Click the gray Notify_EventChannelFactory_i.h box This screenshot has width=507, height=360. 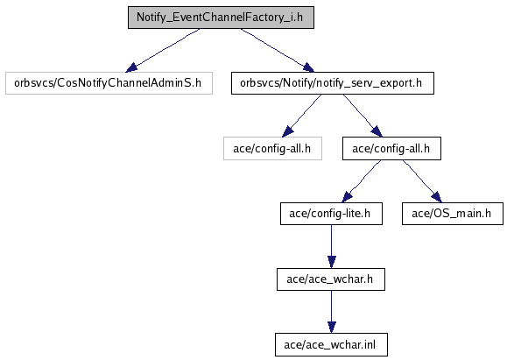pos(221,18)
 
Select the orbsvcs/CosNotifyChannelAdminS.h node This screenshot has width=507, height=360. pos(109,83)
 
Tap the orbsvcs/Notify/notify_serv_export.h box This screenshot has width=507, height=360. pos(333,83)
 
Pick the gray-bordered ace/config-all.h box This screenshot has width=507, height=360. pos(272,148)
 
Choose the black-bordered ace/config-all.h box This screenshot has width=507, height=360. pos(391,148)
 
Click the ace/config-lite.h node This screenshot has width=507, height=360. pos(331,214)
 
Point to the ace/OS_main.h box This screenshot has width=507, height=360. pos(453,214)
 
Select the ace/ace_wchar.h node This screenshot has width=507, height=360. pos(331,279)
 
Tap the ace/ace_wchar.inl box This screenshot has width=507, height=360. pos(331,345)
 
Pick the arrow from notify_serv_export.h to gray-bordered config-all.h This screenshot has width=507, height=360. pos(302,116)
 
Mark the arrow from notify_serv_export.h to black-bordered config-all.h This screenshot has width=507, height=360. pos(363,116)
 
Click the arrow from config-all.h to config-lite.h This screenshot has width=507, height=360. pos(361,181)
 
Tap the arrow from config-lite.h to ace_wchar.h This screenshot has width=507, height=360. pos(331,246)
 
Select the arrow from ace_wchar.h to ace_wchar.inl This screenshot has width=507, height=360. pos(331,312)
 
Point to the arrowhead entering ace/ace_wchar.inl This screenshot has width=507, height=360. pos(331,328)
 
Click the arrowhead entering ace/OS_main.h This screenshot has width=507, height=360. pos(437,197)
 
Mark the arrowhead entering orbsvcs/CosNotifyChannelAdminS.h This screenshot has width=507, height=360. pos(131,67)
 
